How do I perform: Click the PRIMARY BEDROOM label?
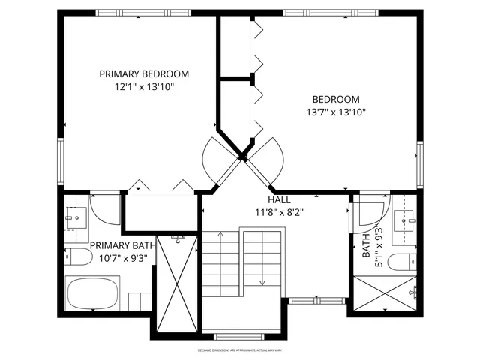coord(144,74)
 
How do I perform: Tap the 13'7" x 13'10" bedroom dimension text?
coord(335,112)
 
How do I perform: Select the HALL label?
coord(280,200)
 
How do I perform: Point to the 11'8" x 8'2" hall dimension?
coord(279,212)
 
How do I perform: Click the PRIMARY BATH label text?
coord(122,245)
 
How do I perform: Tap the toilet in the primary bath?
coord(77,258)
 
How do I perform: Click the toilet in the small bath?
coord(403,262)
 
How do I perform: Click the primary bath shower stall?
coord(177,283)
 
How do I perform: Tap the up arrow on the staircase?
coord(220,235)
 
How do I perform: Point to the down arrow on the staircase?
coord(262,283)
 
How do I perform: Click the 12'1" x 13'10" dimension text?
coord(144,87)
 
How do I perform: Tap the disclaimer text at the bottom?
coord(240,349)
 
